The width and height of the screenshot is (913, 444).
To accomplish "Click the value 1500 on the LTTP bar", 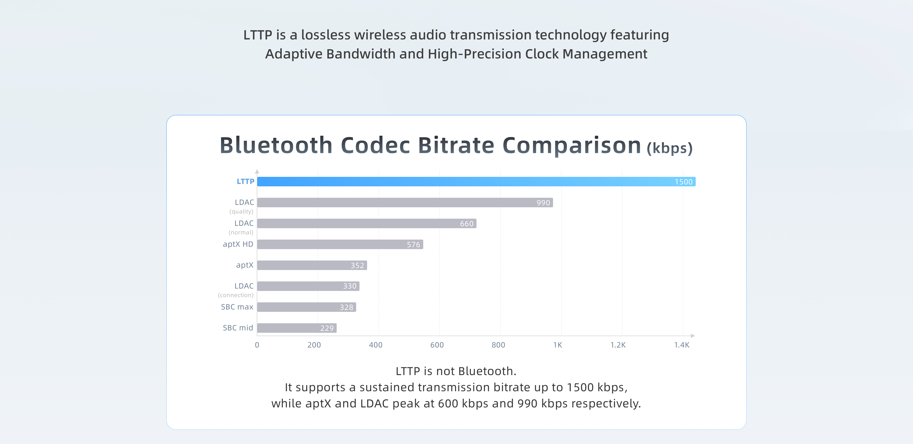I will tap(683, 182).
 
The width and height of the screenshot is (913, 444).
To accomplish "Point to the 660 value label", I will tap(466, 224).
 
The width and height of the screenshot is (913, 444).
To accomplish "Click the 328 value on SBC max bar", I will tap(346, 308).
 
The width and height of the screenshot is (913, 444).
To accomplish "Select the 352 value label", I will tap(357, 266).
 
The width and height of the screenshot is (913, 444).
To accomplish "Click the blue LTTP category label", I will tap(245, 181).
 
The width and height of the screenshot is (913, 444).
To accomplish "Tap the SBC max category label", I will tap(237, 307).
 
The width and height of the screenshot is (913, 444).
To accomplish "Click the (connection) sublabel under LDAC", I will tap(236, 295).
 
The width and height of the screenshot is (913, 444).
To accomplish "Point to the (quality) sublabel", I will tap(241, 212).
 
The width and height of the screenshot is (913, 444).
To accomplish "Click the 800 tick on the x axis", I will tap(498, 345).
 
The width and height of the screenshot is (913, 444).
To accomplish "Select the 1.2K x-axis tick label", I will tap(618, 345).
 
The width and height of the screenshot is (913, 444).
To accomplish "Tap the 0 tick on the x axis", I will tap(257, 345).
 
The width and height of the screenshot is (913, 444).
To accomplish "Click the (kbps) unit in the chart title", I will tap(670, 148).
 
